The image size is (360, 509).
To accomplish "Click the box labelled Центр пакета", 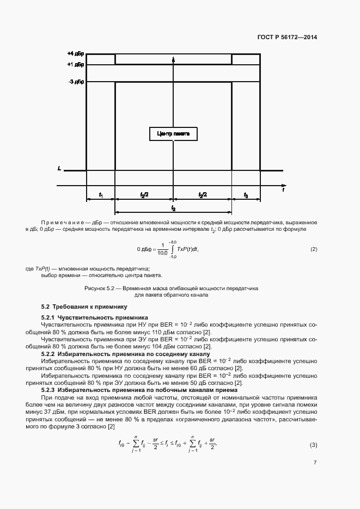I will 173,134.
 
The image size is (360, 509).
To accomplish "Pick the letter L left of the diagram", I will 59,169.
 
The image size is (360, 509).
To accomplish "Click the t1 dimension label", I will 101,194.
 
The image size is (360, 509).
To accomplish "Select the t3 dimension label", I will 246,194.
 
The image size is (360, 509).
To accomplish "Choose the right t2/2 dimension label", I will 203,194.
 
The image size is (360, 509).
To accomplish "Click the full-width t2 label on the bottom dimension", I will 173,208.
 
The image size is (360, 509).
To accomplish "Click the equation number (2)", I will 313,249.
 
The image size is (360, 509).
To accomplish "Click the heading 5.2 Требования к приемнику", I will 84,306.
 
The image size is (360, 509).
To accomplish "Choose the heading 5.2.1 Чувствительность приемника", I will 95,317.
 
